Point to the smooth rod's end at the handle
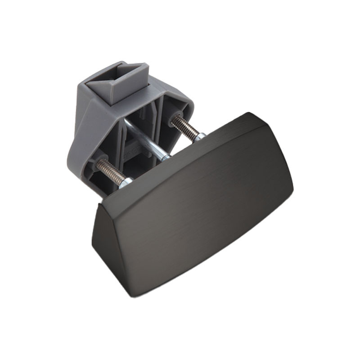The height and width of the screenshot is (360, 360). click(x=166, y=157)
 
